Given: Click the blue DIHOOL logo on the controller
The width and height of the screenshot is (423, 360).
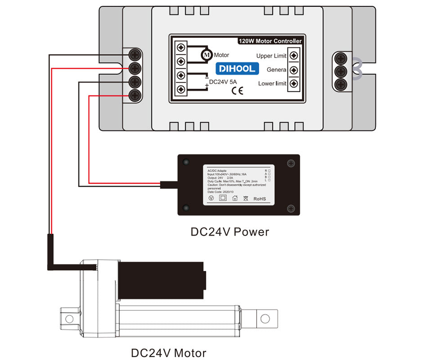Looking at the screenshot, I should (x=237, y=68).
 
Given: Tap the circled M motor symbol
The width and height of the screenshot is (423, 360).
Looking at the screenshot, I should (x=207, y=54).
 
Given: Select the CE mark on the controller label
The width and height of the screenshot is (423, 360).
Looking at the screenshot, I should (x=237, y=90).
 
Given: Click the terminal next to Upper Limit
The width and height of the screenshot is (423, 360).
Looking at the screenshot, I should (x=294, y=55).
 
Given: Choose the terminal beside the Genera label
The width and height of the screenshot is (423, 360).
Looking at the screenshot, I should (x=294, y=70).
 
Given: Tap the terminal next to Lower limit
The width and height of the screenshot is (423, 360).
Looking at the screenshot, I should (x=294, y=84).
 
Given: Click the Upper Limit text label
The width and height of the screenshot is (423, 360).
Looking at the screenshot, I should (x=271, y=56).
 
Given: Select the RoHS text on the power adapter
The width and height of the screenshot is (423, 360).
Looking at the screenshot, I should (x=260, y=198).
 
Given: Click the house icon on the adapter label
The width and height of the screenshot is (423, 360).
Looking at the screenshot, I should (x=234, y=198).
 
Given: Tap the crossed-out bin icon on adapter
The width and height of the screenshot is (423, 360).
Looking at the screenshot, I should (x=246, y=198).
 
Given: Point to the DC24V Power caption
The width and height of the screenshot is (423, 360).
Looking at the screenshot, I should (x=229, y=232).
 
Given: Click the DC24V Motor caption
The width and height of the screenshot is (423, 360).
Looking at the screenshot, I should (x=168, y=353).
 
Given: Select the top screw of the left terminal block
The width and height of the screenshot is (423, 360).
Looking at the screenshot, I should (x=135, y=55).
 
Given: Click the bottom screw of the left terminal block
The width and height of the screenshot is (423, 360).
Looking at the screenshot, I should (x=135, y=95).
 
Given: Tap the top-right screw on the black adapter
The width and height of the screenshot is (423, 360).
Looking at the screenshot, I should (x=291, y=163).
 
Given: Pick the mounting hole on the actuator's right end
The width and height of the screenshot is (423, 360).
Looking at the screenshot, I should (x=265, y=318).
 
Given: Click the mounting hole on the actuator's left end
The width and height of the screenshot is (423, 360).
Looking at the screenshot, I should (x=69, y=319).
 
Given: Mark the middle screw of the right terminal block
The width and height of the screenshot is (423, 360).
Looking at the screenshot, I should (x=341, y=71).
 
